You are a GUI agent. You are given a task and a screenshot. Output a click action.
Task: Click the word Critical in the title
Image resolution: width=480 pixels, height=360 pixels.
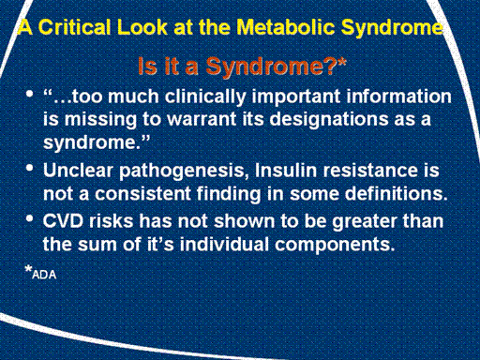[74, 27]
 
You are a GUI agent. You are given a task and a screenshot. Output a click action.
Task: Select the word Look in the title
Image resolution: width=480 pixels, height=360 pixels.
[142, 27]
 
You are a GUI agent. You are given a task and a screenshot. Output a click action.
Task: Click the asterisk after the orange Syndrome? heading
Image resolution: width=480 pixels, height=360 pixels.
[341, 62]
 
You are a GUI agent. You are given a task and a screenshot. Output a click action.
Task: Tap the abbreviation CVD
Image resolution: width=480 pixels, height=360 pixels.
[63, 220]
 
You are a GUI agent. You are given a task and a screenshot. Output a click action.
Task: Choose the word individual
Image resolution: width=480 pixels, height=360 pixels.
[224, 244]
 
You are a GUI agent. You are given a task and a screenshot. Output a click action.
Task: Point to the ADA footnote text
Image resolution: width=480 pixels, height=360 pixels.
[44, 275]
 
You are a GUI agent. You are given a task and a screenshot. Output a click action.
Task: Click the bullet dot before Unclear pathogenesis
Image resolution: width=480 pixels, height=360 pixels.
[30, 169]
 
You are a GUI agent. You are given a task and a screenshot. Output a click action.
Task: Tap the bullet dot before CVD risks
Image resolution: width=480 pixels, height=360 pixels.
[30, 218]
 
